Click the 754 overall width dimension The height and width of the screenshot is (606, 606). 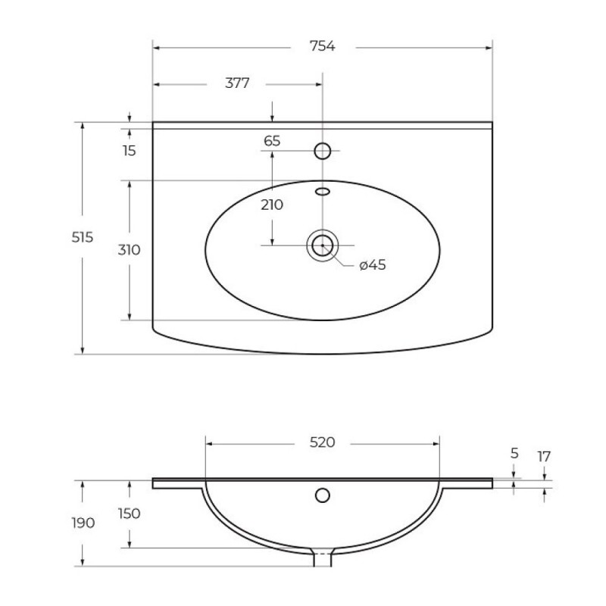323,46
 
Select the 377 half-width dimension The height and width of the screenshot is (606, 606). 237,83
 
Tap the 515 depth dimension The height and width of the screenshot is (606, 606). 83,237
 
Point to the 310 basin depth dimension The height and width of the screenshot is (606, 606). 129,250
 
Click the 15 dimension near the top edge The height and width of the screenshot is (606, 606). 130,151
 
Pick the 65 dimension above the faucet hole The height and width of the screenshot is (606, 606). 272,141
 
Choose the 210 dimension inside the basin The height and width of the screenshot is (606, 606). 272,205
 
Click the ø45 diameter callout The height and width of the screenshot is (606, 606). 373,264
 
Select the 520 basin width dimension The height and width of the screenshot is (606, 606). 323,442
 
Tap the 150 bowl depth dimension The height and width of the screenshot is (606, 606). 129,514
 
